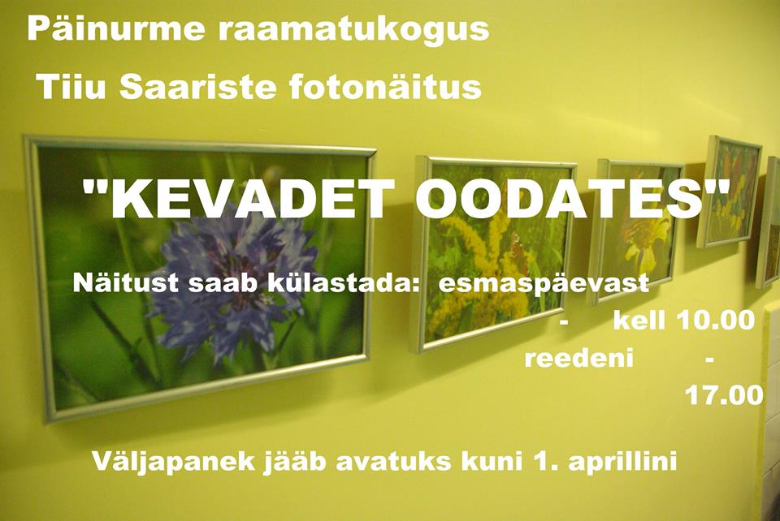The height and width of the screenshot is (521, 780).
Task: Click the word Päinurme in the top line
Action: (116, 29)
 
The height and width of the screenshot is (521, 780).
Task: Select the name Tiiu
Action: (71, 86)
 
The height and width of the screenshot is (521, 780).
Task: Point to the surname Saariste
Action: (197, 87)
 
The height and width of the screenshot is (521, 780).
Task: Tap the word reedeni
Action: (579, 358)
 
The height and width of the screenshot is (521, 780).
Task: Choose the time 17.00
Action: (724, 395)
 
